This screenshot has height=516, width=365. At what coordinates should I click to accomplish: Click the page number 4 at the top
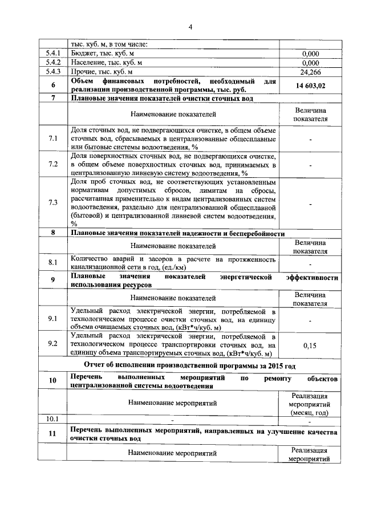click(191, 26)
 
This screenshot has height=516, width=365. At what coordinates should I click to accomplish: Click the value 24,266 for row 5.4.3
click(310, 72)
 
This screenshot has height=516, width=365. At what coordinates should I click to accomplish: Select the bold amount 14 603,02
click(310, 86)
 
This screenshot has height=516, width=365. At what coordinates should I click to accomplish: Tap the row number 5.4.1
click(52, 54)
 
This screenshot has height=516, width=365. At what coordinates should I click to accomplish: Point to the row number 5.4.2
click(52, 63)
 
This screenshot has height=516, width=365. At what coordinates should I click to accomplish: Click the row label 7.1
click(52, 139)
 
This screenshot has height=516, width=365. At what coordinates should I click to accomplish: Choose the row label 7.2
click(52, 165)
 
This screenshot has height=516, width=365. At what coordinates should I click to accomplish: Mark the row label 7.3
click(52, 203)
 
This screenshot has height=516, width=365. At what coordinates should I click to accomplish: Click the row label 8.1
click(52, 263)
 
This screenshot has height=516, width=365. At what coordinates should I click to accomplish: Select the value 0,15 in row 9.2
click(310, 344)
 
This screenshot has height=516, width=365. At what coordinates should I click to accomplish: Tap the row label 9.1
click(52, 319)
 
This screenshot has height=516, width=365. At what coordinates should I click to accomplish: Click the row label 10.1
click(52, 420)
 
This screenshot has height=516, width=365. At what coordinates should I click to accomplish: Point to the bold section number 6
click(52, 86)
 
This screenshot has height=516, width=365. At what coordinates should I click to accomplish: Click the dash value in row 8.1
click(310, 263)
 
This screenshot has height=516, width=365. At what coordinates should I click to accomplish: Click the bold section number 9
click(52, 280)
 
